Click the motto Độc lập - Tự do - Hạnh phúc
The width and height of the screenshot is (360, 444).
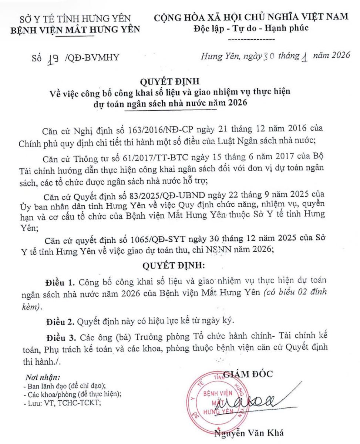point(251,29)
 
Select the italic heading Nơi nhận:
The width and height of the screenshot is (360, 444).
point(42,378)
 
